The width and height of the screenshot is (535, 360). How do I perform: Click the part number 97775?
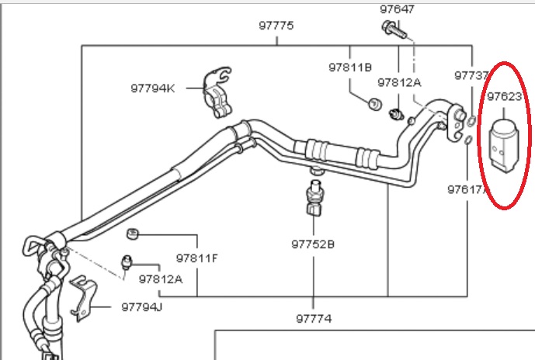276,26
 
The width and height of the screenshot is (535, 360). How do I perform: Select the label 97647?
397,9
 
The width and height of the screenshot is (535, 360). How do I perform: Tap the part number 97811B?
350,67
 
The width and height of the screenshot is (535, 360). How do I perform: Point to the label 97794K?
153,88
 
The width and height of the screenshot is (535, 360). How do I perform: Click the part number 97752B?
313,244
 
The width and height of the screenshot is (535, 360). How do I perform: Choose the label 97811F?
196,258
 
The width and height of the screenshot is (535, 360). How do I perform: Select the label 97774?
314,317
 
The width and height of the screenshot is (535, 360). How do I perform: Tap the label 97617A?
467,189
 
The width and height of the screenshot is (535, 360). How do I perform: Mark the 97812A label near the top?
399,82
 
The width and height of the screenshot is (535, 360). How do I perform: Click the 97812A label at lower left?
161,279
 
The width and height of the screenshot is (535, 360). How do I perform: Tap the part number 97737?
471,75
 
